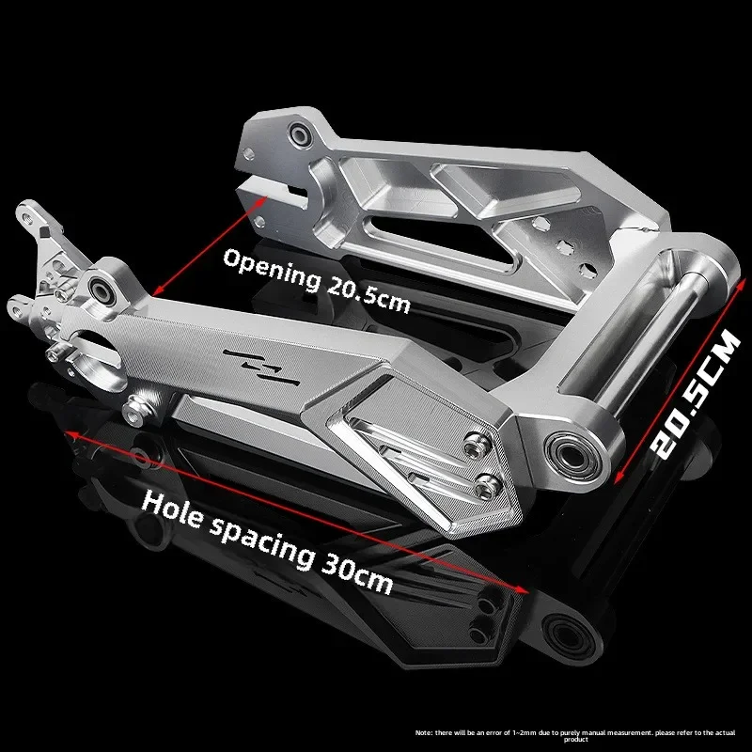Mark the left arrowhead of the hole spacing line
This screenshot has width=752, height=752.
69,432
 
